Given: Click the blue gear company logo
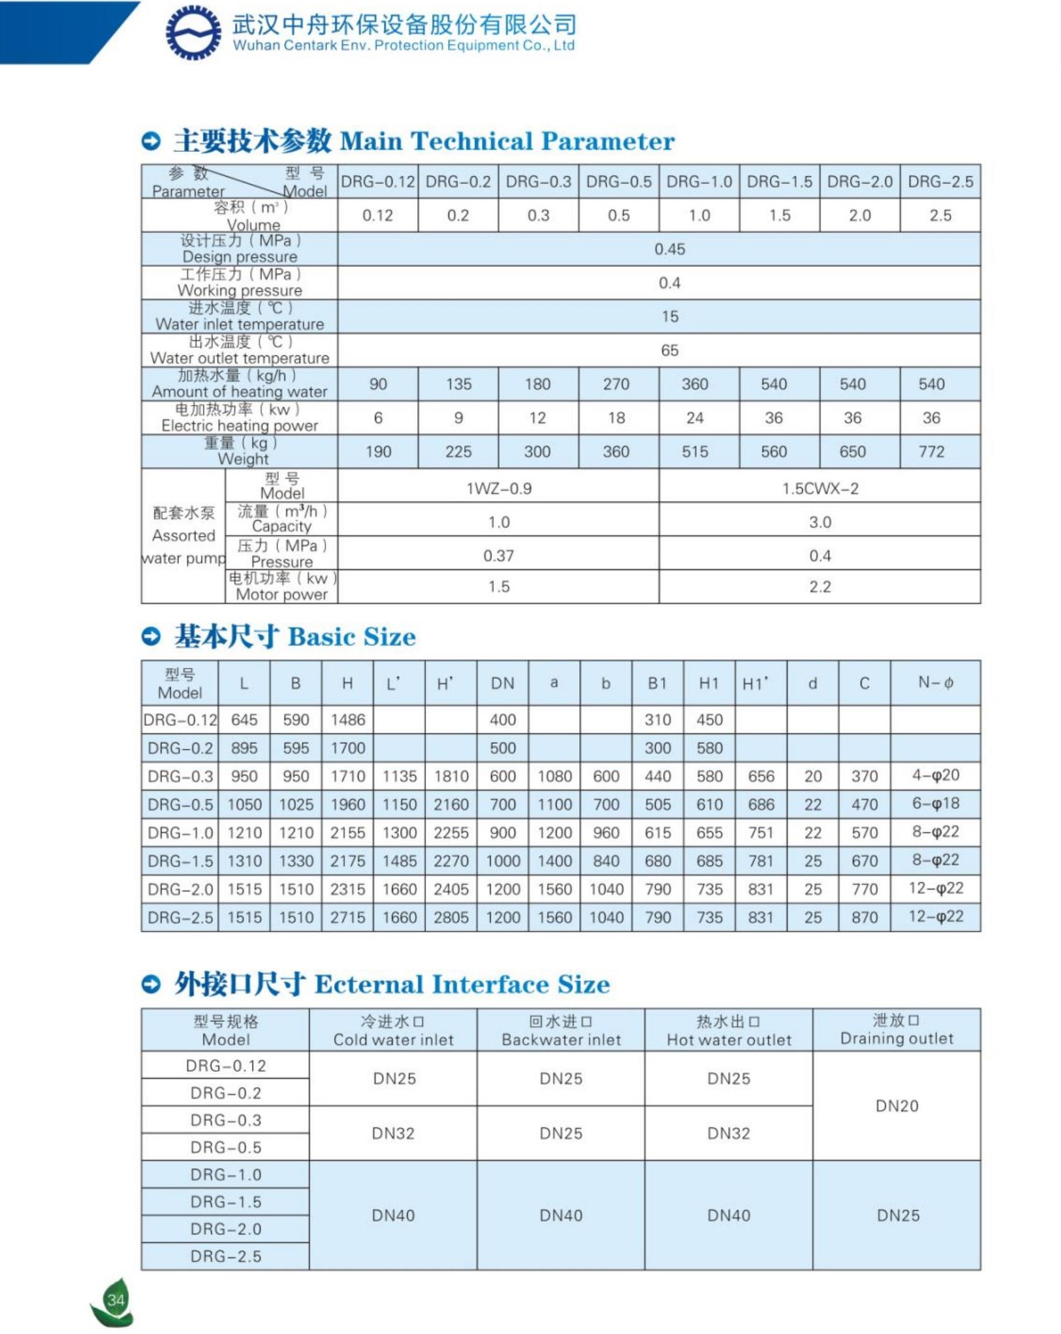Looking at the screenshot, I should click(x=193, y=33).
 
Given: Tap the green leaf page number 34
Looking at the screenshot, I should click(x=114, y=1299).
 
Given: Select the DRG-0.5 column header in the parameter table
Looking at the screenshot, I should click(x=619, y=182).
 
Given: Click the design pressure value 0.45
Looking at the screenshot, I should click(x=670, y=249).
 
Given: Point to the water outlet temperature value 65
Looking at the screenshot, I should click(x=670, y=350).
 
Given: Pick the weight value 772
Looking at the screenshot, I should click(x=932, y=451).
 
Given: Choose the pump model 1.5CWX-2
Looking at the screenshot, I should click(x=820, y=488).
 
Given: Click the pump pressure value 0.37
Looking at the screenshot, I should click(x=498, y=556).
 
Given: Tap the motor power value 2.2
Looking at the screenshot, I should click(x=820, y=587).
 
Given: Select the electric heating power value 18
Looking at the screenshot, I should click(x=616, y=418).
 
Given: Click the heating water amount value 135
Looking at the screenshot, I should click(x=459, y=384).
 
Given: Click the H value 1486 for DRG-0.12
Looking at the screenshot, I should click(x=347, y=719).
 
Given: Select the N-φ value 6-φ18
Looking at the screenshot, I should click(x=935, y=804).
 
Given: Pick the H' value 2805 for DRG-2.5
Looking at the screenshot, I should click(x=451, y=917).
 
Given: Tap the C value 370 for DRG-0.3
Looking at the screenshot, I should click(x=864, y=776).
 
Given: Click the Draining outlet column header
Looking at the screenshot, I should click(x=896, y=1030).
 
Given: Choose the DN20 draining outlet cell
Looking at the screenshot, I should click(x=896, y=1105).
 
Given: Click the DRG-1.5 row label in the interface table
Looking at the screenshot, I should click(x=226, y=1202).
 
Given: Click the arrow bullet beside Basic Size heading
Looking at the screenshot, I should click(x=151, y=637).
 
